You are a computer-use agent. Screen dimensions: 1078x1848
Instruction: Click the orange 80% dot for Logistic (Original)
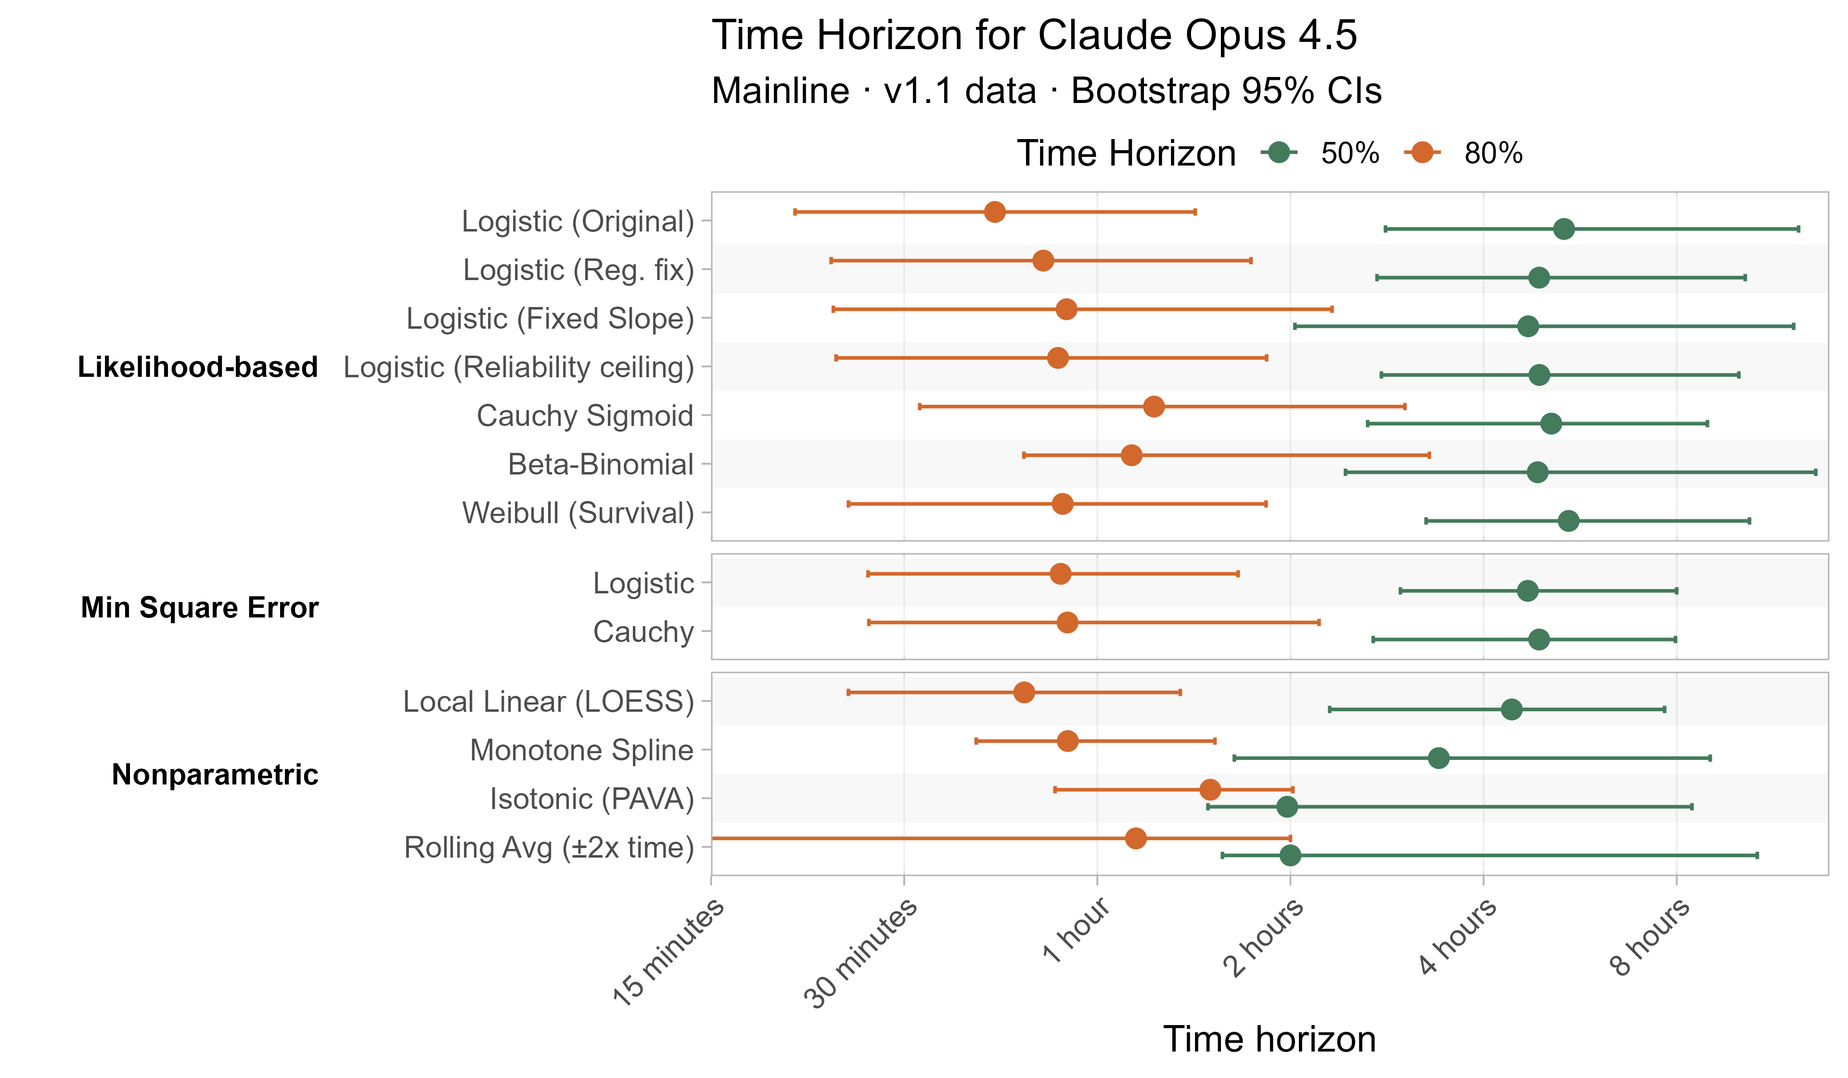click(x=994, y=212)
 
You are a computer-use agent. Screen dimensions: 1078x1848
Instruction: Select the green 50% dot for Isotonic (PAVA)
click(x=1287, y=807)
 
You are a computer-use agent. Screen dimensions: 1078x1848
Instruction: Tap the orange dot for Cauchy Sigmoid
click(x=1154, y=406)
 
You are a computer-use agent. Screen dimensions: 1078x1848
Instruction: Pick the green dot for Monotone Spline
click(x=1439, y=757)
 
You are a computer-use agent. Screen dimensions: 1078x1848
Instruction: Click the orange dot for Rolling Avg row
click(x=1135, y=838)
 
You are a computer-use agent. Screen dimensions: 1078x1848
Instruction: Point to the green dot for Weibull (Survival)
click(x=1568, y=521)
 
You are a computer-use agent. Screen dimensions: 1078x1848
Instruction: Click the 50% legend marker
click(x=1279, y=153)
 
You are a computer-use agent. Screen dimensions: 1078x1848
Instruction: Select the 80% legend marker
click(x=1423, y=153)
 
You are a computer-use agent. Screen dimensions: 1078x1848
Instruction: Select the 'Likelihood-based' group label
click(x=197, y=367)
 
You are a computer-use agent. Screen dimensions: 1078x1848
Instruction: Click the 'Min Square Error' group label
click(x=199, y=607)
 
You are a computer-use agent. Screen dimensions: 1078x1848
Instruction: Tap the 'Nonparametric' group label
click(x=214, y=774)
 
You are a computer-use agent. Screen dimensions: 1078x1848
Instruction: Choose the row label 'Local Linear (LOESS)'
click(x=548, y=702)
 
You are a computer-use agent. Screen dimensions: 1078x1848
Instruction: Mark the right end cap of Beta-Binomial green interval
click(x=1816, y=472)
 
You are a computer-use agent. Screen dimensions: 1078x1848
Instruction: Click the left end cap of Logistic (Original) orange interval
click(x=795, y=212)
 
